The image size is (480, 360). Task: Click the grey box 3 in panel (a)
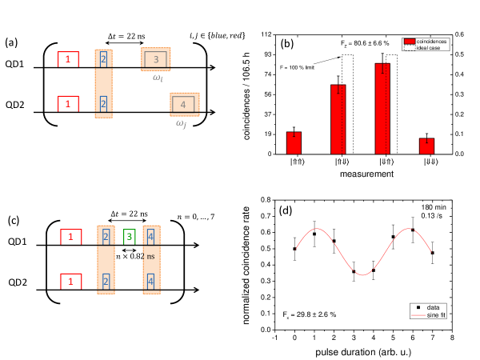[157, 59]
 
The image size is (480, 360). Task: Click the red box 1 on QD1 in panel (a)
[69, 59]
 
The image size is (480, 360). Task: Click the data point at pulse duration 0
[294, 249]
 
